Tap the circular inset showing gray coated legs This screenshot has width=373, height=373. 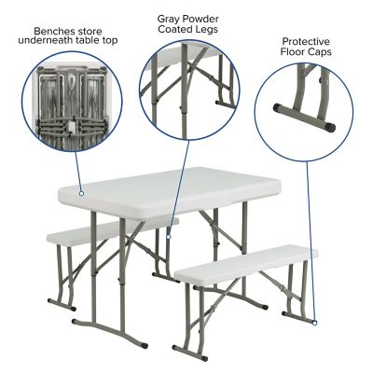click(x=194, y=88)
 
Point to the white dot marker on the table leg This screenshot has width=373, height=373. click(x=169, y=238)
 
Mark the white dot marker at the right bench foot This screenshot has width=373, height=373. click(x=315, y=323)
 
